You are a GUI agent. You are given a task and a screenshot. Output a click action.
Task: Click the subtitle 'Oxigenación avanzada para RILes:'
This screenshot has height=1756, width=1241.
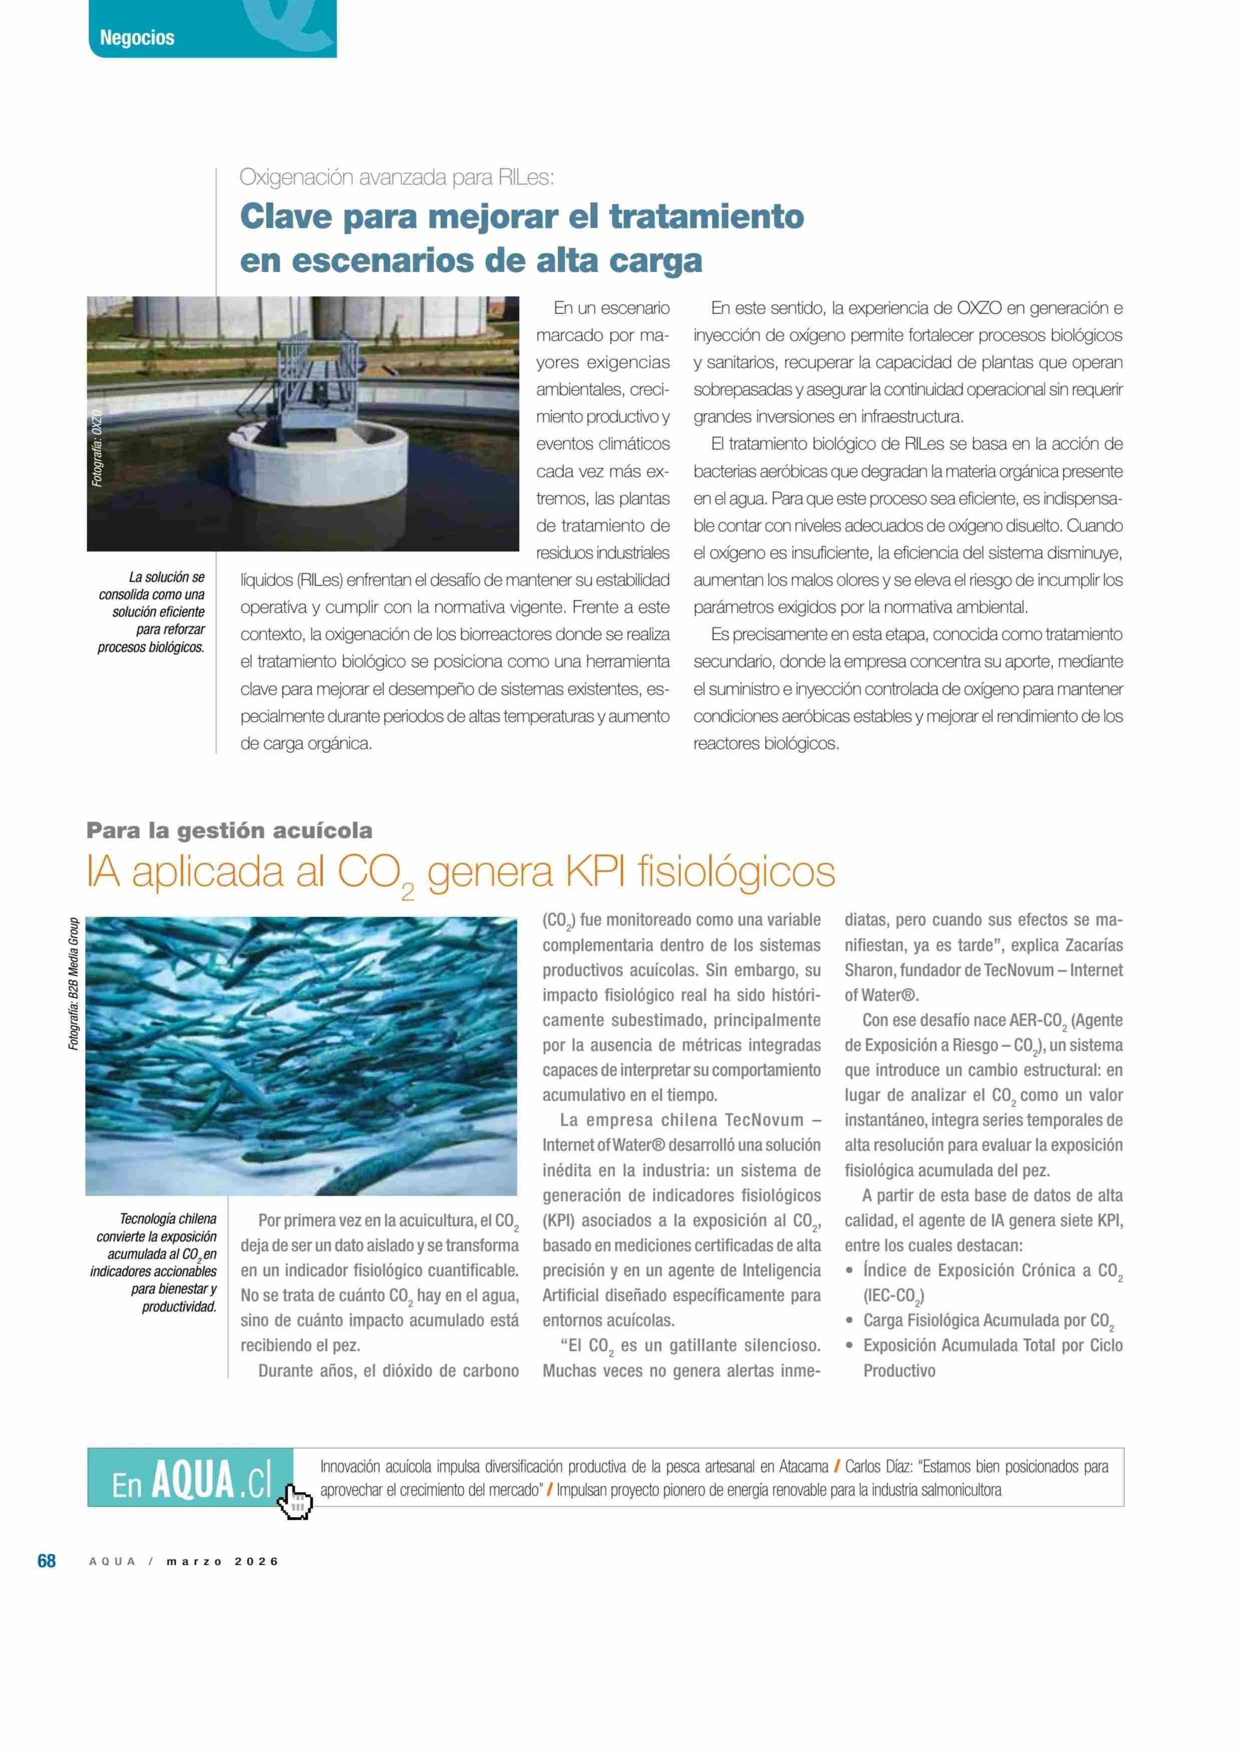(x=396, y=177)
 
